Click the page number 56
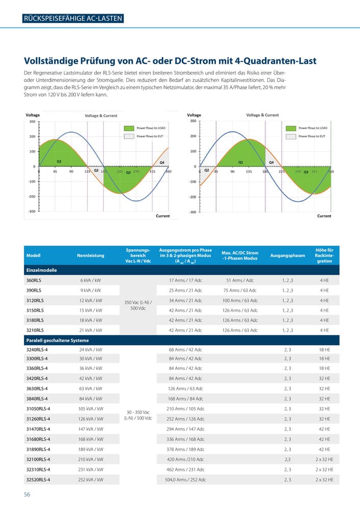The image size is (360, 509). (27, 494)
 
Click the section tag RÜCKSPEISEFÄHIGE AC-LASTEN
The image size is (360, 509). (73, 19)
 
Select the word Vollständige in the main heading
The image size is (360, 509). (54, 61)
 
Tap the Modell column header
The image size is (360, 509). (33, 256)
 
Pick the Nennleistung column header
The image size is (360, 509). (91, 256)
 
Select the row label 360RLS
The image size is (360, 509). (35, 280)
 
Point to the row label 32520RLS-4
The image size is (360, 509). (39, 479)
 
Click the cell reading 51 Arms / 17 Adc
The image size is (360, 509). (240, 280)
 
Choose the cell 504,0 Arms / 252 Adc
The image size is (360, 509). (185, 479)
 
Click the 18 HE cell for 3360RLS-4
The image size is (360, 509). (324, 369)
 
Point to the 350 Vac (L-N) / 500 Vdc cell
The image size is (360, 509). (137, 305)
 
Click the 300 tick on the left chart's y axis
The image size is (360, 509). (32, 122)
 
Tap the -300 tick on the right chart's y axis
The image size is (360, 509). (192, 212)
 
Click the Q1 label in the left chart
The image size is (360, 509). (59, 161)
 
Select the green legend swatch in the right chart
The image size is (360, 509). (291, 128)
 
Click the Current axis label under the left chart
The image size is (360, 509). (162, 216)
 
